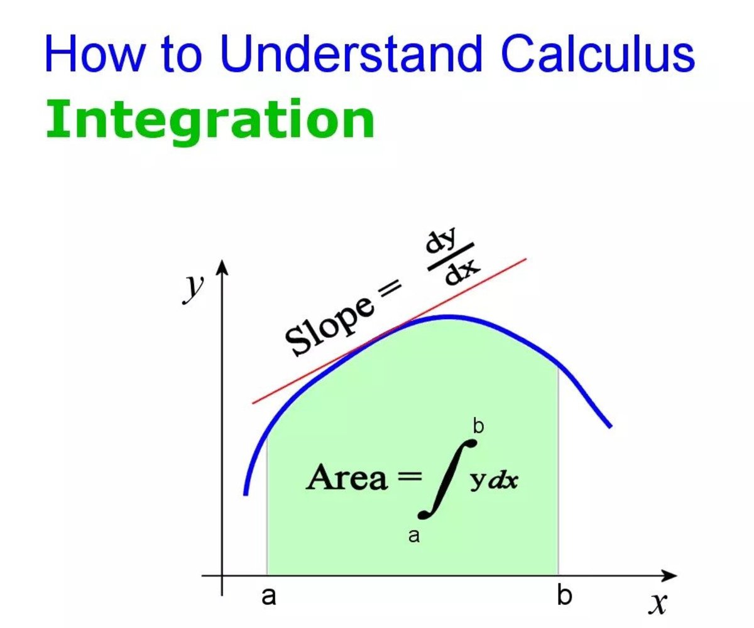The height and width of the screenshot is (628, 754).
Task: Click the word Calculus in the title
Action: [x=598, y=53]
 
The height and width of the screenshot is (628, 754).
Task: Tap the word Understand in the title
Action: [x=351, y=53]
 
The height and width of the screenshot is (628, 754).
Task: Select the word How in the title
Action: [x=95, y=53]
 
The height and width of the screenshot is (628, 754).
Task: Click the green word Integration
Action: [x=210, y=119]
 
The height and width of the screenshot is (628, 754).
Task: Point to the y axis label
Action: [x=192, y=289]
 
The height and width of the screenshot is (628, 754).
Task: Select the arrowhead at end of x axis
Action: [x=668, y=576]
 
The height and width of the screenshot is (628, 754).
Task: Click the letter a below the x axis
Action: [x=269, y=596]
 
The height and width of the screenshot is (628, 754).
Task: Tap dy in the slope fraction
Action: [x=441, y=241]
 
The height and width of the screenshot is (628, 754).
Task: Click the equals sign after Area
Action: [x=409, y=477]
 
